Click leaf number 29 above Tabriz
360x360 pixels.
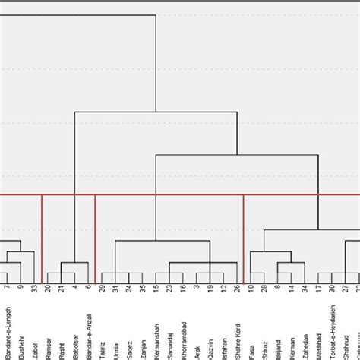pyautogui.click(x=103, y=289)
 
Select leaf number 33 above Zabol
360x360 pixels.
pyautogui.click(x=34, y=289)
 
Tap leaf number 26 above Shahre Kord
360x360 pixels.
pyautogui.click(x=237, y=289)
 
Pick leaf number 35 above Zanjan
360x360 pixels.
pyautogui.click(x=143, y=289)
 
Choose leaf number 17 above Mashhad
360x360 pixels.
pyautogui.click(x=318, y=289)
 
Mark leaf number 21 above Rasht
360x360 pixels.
pyautogui.click(x=62, y=289)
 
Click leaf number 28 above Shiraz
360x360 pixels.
pyautogui.click(x=264, y=289)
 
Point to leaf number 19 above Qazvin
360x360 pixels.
pyautogui.click(x=210, y=289)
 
